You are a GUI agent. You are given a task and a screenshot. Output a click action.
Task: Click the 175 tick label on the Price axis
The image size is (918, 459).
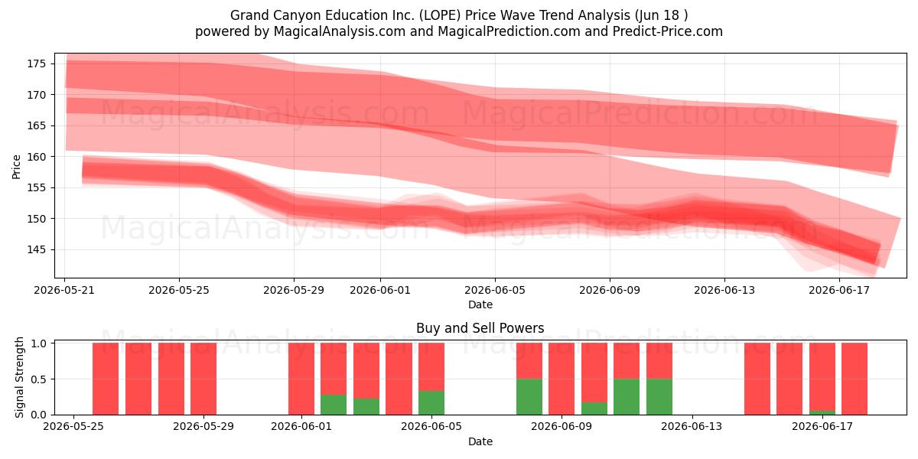point(36,64)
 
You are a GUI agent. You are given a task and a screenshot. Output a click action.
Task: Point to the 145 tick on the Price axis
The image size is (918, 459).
point(36,249)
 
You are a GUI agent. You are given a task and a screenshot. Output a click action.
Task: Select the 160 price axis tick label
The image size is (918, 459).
point(36,157)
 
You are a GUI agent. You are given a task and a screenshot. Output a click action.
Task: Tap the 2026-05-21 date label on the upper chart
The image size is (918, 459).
point(64,290)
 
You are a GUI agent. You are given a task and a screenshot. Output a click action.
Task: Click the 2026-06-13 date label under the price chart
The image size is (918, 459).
point(724,290)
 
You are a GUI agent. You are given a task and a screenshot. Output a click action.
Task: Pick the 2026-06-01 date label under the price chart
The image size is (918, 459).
point(380,290)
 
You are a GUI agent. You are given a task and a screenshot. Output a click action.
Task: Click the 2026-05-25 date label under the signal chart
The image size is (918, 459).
point(73,427)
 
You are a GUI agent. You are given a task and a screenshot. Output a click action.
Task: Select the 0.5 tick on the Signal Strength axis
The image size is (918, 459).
point(38,379)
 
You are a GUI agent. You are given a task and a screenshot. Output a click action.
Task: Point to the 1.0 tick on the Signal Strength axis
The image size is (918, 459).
point(38,343)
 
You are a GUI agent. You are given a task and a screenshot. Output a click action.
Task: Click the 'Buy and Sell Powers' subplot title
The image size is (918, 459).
point(480,328)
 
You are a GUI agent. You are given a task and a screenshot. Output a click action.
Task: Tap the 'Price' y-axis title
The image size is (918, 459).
point(16,167)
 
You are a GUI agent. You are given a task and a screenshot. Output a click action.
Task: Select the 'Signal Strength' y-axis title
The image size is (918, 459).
point(19,377)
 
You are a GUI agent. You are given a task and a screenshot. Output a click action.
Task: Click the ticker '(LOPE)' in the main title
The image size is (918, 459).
point(439,15)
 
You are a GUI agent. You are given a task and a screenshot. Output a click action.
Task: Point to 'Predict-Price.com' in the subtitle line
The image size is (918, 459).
point(668,31)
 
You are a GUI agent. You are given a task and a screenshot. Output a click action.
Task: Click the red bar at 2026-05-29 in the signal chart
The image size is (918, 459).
point(203,379)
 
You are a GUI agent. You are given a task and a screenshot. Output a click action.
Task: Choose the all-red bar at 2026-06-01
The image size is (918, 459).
point(301,379)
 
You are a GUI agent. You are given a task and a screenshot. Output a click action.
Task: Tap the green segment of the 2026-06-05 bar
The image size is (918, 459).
point(431,403)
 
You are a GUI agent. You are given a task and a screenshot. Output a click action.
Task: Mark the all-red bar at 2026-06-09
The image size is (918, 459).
point(562,379)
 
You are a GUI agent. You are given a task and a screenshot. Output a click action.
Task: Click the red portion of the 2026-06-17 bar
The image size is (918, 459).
point(822,376)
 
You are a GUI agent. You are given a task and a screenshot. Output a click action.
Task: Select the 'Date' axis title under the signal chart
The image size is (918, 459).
point(480,441)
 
